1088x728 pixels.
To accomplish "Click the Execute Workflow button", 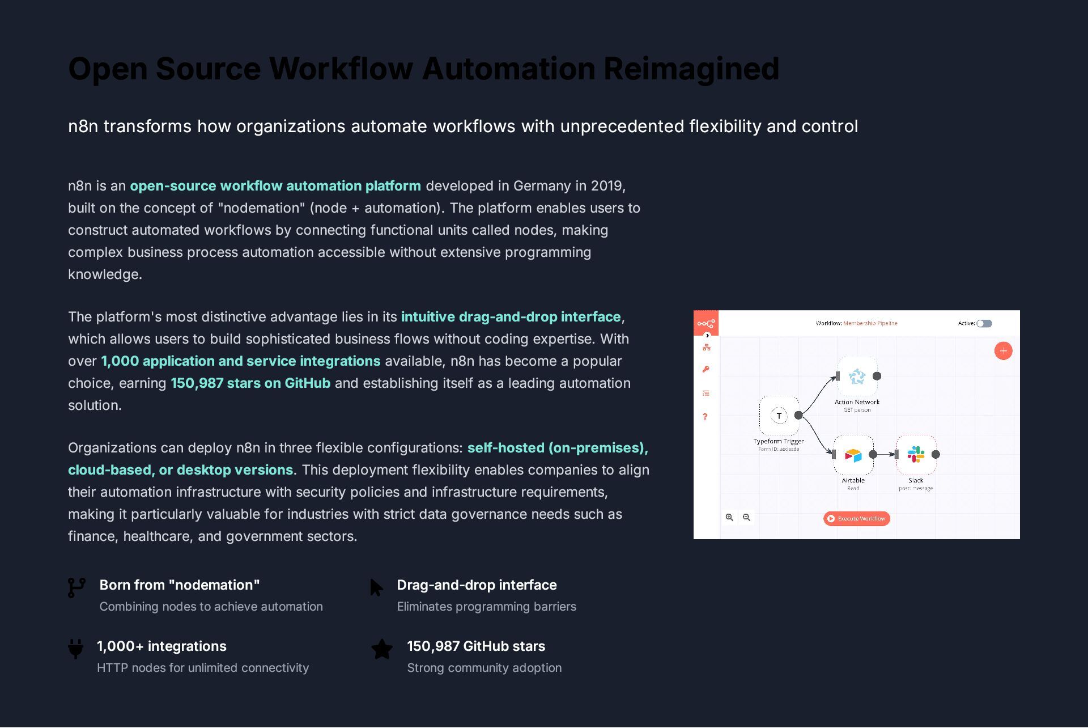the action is point(856,518).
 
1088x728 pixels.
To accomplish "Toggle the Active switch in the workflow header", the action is point(984,323).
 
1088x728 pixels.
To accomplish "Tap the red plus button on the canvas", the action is point(1003,351).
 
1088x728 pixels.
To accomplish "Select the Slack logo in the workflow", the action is point(916,454).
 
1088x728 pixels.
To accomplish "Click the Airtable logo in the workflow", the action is point(853,455).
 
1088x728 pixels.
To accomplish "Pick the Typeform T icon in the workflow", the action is point(779,416).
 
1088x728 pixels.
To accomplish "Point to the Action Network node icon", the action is point(857,376).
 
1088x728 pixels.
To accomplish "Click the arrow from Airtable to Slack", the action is point(885,454).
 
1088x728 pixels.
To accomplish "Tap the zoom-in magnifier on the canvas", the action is point(729,517).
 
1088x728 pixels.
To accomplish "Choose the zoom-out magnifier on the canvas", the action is point(746,517).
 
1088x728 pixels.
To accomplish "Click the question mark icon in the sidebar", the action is point(705,417).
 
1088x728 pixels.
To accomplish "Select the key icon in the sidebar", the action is point(705,370).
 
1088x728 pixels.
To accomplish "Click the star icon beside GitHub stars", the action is point(382,649).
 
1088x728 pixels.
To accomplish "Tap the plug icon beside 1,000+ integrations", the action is point(75,648).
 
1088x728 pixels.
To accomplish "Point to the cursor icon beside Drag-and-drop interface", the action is point(376,587).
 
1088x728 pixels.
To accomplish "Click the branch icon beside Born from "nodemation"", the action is point(76,587).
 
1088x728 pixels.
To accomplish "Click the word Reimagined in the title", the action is point(691,69).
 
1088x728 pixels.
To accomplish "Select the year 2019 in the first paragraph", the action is point(607,186).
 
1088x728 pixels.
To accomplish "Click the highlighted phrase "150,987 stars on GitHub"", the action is point(250,383).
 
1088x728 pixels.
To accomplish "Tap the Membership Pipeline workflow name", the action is point(870,323).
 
